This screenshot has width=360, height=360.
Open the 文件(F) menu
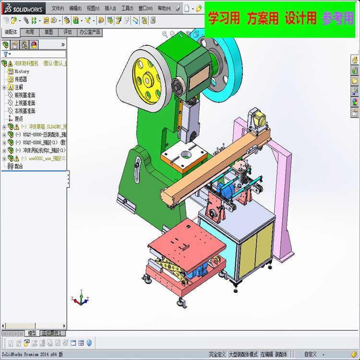tap(58, 8)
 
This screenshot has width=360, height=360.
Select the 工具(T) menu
tap(127, 8)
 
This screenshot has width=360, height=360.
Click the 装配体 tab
tap(11, 32)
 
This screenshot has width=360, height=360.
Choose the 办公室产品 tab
tap(90, 32)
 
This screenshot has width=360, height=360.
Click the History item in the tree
tap(22, 71)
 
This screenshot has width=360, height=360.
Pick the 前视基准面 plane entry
tap(24, 95)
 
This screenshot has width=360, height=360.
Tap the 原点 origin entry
tap(19, 119)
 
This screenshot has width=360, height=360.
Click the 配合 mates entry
tap(19, 166)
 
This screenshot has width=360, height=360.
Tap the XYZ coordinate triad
tap(80, 299)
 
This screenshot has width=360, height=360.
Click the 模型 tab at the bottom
tap(32, 333)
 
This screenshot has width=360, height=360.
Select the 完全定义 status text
tap(217, 354)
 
